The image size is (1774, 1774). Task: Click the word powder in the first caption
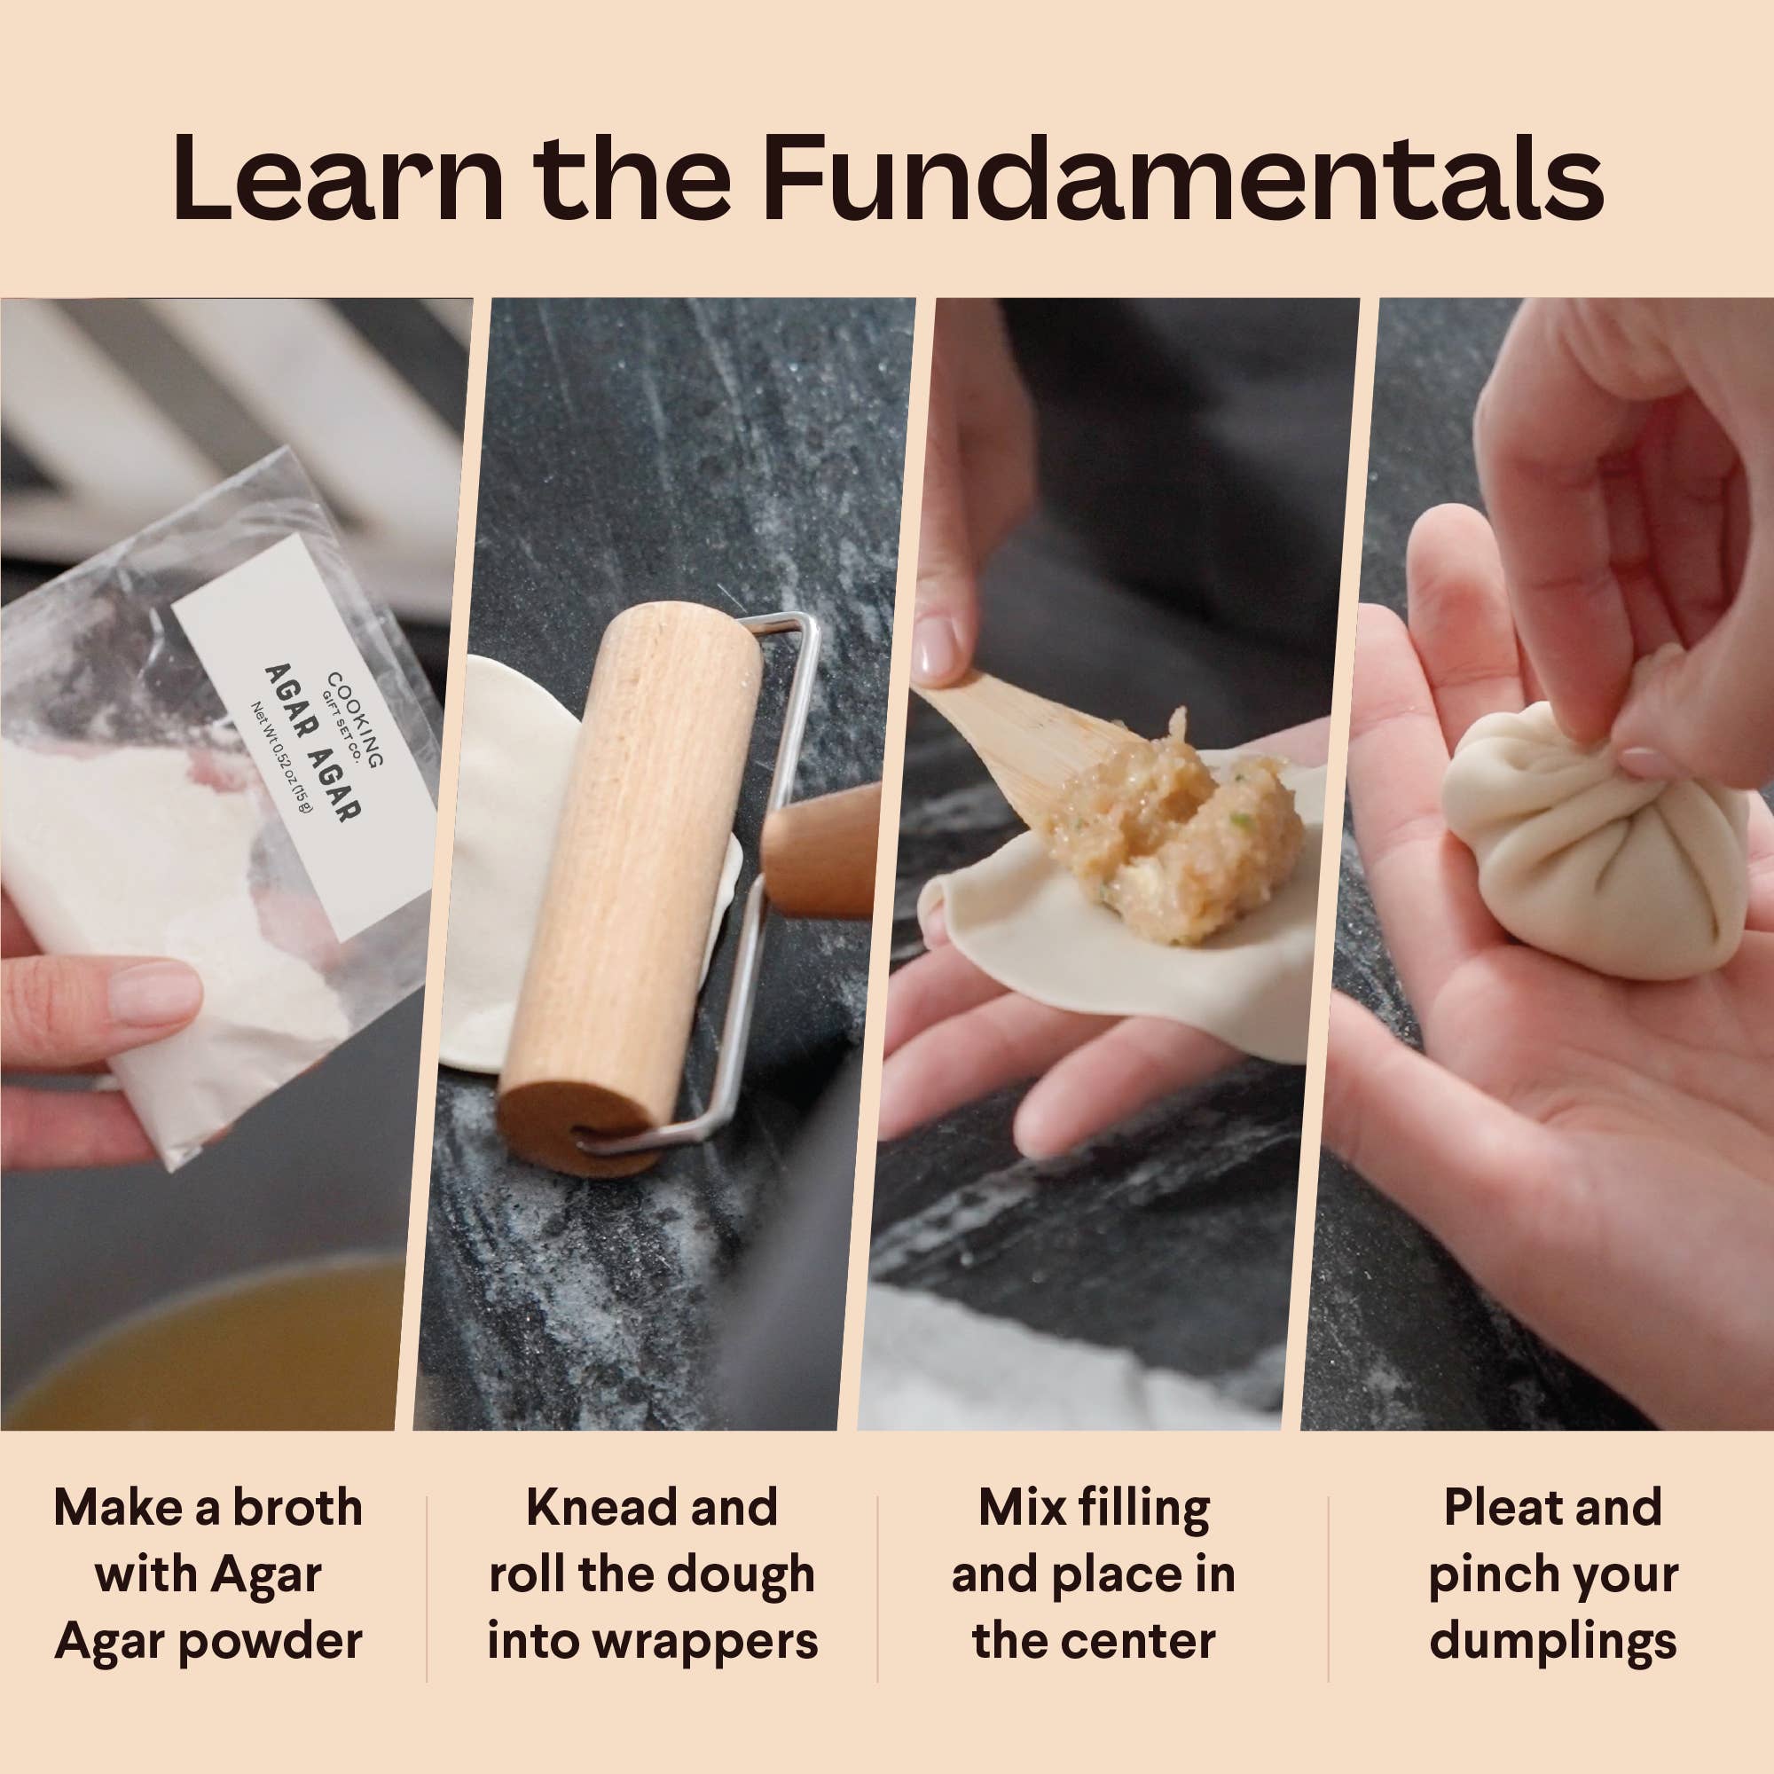tap(270, 1642)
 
